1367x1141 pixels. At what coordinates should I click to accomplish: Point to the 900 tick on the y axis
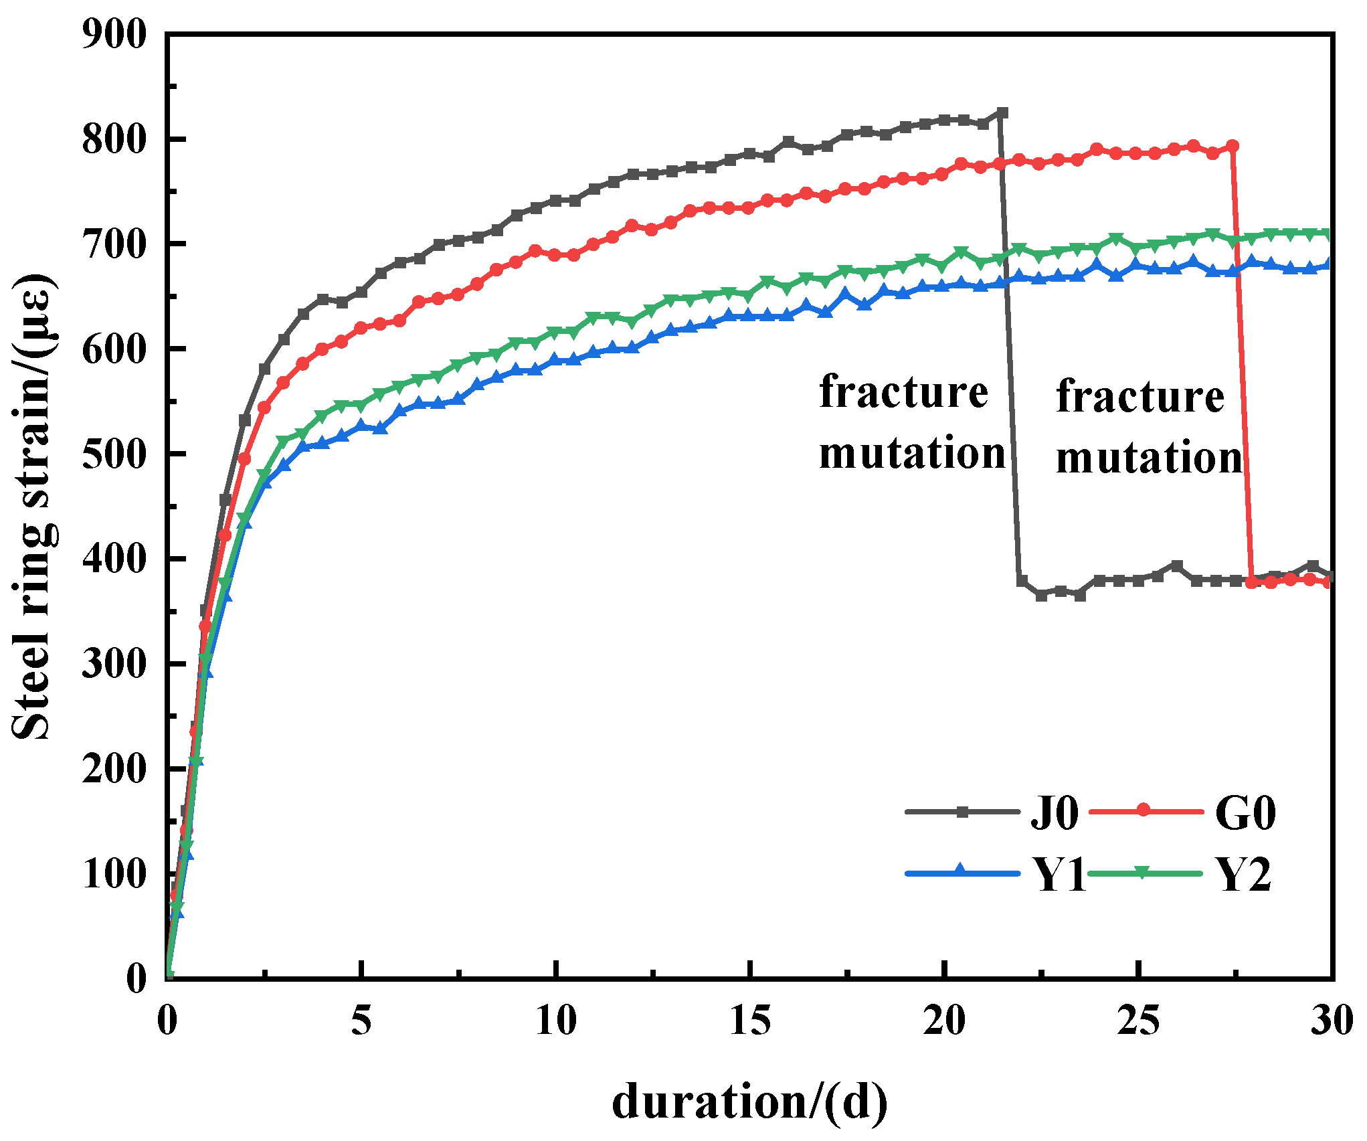113,35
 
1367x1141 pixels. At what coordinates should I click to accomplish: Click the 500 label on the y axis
113,454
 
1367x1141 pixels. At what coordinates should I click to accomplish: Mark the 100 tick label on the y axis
113,874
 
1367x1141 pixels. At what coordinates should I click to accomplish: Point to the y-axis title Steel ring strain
33,505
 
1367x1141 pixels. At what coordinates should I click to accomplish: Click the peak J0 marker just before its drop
1002,113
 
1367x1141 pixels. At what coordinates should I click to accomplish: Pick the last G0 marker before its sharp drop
1233,146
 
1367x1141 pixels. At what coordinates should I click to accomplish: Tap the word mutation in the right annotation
1148,458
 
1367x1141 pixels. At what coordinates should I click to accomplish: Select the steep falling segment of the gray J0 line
1010,348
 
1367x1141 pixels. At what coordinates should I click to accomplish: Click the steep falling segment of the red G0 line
1241,368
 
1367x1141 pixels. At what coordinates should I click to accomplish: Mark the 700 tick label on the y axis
113,244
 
